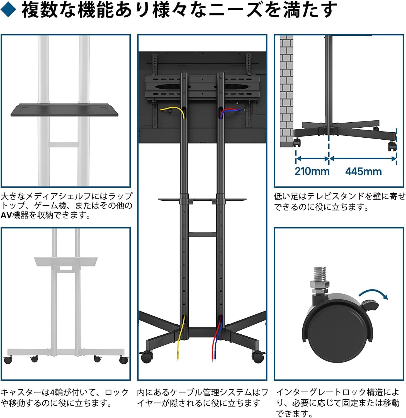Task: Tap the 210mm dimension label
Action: pyautogui.click(x=312, y=171)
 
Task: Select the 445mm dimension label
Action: pyautogui.click(x=363, y=171)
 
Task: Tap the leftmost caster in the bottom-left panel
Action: pyautogui.click(x=8, y=359)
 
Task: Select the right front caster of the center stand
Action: pyautogui.click(x=258, y=357)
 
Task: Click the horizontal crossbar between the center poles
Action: pyautogui.click(x=202, y=235)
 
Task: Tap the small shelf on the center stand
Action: pyautogui.click(x=202, y=200)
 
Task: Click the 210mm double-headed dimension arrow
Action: pyautogui.click(x=312, y=159)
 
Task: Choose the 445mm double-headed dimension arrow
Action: pyautogui.click(x=363, y=159)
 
